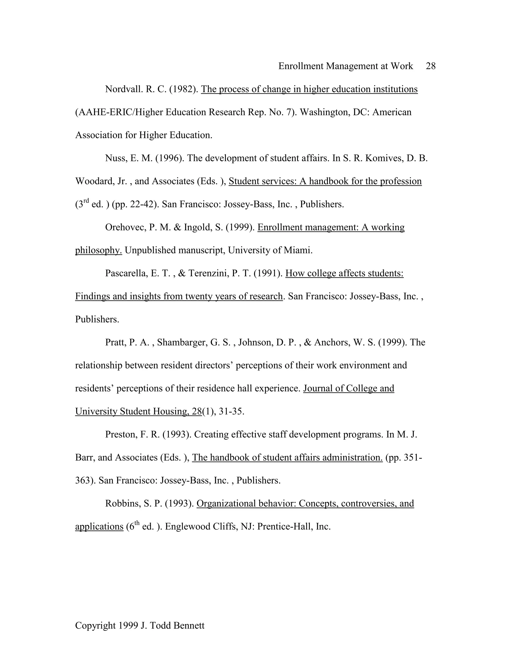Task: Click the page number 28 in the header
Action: click(430, 66)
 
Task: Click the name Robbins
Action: click(122, 503)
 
